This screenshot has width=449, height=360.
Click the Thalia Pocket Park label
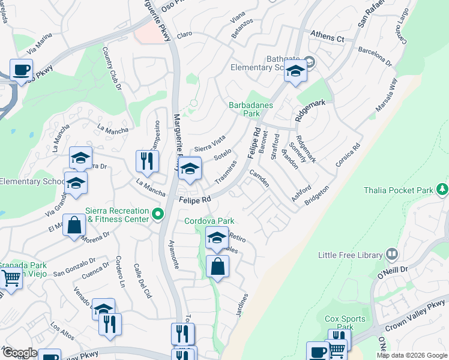(399, 191)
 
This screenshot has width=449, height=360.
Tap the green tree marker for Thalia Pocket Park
(442, 190)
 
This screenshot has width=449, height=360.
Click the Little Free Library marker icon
(392, 254)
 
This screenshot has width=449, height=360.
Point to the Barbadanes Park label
(252, 109)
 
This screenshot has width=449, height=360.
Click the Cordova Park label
(209, 221)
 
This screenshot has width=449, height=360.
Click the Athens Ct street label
(327, 37)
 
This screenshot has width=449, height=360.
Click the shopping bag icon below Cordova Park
(217, 266)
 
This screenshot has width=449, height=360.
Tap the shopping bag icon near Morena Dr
(74, 226)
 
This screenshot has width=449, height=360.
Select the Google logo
(20, 353)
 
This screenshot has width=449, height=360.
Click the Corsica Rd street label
(349, 156)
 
